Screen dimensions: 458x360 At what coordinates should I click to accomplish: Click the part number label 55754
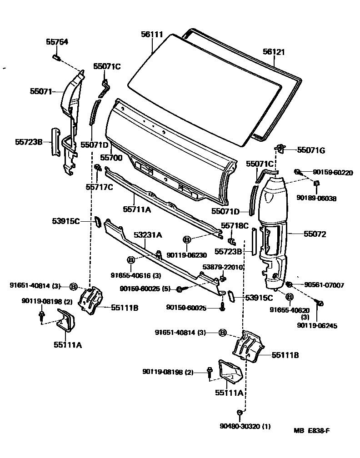[x=57, y=42]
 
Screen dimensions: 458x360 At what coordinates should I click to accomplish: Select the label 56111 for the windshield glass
[x=152, y=35]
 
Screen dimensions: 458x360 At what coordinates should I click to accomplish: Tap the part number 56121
[x=274, y=52]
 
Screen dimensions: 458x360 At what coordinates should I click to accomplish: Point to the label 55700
[x=111, y=158]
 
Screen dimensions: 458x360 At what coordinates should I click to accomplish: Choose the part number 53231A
[x=148, y=235]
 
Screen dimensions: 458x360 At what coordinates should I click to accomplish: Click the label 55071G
[x=311, y=150]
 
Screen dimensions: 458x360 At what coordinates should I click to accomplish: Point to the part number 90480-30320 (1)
[x=245, y=426]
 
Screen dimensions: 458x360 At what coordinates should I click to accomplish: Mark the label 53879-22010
[x=223, y=267]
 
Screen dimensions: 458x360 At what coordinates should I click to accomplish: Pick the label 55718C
[x=235, y=225]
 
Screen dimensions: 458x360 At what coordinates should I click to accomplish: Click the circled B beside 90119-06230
[x=186, y=239]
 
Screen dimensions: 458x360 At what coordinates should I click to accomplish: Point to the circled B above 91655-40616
[x=131, y=260]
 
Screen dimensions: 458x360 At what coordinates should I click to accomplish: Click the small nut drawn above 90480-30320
[x=239, y=413]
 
